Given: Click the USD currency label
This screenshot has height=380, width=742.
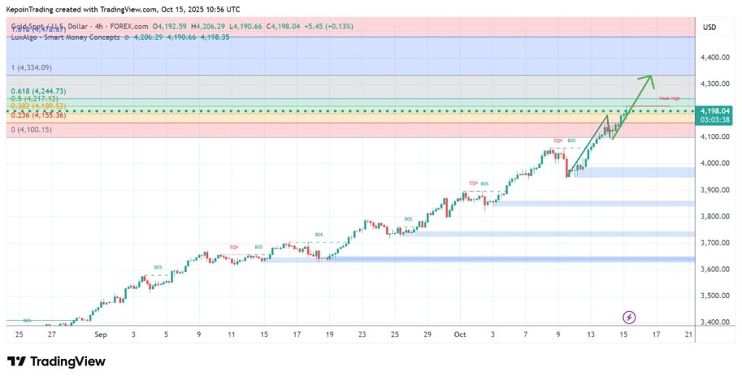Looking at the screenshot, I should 709,28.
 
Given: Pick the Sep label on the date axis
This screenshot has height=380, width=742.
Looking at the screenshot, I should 101,335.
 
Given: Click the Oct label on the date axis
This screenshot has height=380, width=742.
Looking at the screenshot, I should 459,335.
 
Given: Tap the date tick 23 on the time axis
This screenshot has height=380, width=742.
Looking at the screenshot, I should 362,335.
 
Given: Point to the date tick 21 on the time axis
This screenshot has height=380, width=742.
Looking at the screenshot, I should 689,335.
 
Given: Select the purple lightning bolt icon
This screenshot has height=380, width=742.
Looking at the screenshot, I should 630,317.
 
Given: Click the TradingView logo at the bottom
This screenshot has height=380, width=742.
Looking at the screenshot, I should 57,361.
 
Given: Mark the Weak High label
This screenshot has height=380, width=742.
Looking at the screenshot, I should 669,98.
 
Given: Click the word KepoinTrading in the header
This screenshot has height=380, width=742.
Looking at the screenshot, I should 36,8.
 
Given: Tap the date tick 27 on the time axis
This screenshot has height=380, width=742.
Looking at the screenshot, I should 51,335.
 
